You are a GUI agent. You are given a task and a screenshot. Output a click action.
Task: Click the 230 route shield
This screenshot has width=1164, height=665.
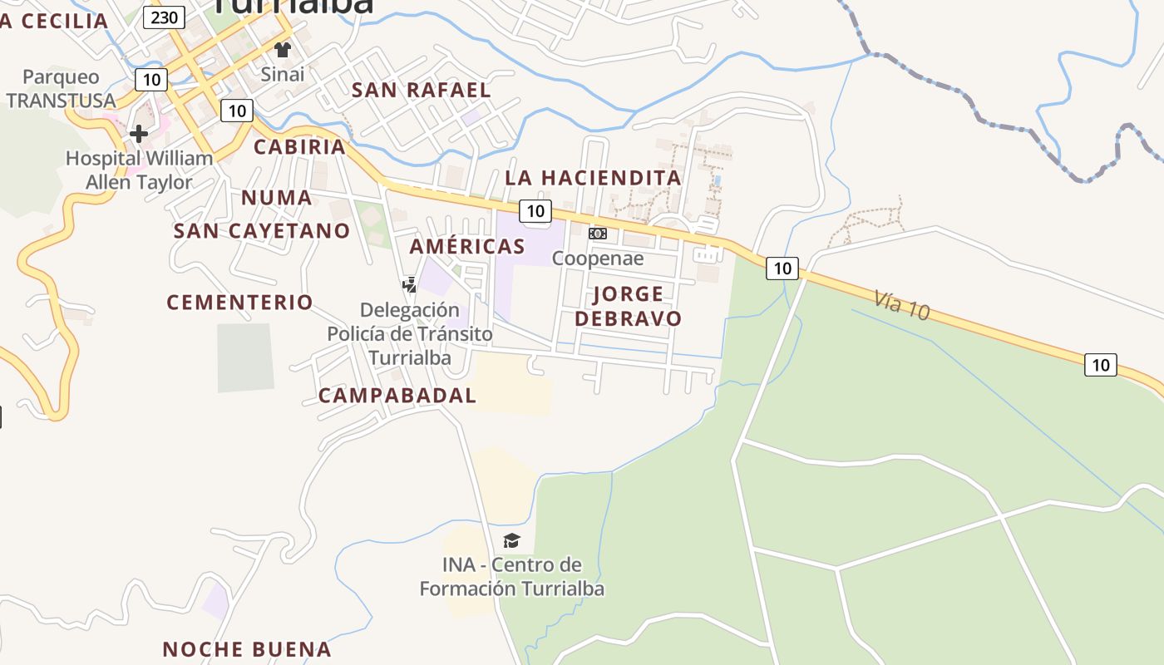click(164, 17)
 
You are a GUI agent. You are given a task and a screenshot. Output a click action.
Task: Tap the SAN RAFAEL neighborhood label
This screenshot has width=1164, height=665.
click(422, 90)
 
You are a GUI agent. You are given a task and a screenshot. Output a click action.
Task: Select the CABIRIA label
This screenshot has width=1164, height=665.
click(299, 147)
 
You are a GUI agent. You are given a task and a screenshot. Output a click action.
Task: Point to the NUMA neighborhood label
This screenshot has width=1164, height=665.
click(277, 198)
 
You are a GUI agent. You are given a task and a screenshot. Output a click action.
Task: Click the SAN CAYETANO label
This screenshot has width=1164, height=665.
click(262, 231)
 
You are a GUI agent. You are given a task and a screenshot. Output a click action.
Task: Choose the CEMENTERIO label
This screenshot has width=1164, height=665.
click(239, 303)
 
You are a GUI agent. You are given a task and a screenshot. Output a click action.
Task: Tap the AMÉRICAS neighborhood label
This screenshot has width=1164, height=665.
click(467, 246)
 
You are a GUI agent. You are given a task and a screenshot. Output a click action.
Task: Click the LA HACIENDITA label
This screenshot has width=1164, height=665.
click(593, 178)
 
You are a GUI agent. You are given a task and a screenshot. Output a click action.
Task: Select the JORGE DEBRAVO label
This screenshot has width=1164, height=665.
click(628, 306)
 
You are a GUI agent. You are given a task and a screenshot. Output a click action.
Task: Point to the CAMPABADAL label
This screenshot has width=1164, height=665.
click(397, 396)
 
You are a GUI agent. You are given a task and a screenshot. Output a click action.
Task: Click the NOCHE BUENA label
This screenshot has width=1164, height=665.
click(247, 649)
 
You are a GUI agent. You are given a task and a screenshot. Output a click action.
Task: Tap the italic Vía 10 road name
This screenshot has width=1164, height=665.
click(901, 305)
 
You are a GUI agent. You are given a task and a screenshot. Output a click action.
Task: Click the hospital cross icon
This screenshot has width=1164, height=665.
click(139, 133)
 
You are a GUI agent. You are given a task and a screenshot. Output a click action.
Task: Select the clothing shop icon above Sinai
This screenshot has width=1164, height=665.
click(283, 50)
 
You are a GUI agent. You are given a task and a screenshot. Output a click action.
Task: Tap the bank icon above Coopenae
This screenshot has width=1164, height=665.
click(598, 234)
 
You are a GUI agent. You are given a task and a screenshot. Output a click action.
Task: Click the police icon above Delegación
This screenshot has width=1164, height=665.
click(409, 285)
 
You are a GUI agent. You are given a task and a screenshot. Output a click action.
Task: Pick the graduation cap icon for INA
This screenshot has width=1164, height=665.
click(511, 541)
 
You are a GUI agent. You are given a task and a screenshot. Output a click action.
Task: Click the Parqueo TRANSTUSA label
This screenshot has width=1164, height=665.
click(61, 89)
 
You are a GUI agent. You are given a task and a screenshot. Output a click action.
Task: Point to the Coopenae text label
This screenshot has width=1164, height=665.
click(598, 259)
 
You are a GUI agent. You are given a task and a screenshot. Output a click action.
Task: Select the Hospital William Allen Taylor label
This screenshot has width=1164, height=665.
click(140, 170)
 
